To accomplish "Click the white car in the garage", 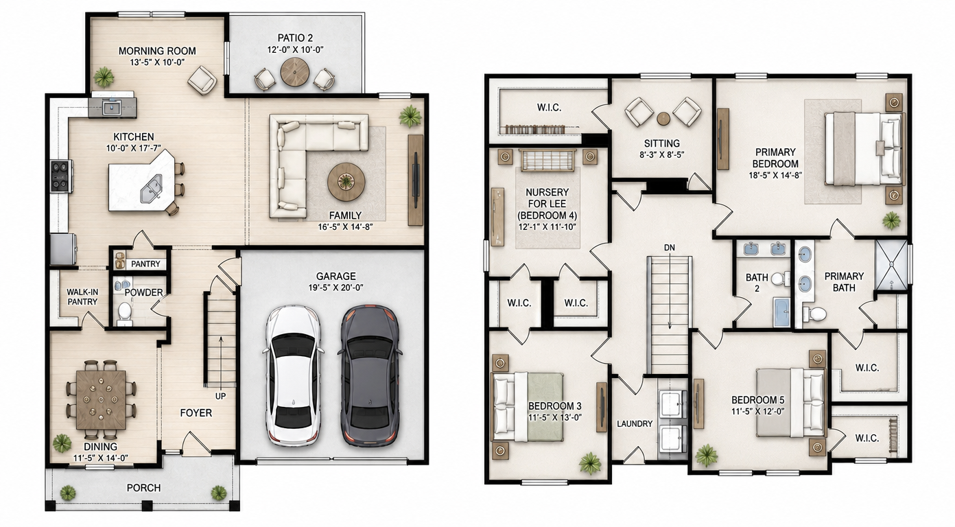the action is [294, 375].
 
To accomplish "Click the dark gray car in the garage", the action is [370, 375].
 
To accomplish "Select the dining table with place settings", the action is [101, 399].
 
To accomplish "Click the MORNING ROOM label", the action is [157, 51].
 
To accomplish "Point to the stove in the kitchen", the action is [60, 176].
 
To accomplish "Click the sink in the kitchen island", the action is [152, 189].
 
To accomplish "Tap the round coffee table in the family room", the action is [346, 182].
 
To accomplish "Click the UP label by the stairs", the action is [220, 396].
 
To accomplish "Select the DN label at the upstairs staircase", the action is [670, 248].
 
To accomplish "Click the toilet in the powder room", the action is [125, 312].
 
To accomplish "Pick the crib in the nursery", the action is [547, 160].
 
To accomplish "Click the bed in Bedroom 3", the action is [528, 407].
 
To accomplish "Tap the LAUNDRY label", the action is [635, 424].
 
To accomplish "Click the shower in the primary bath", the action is [891, 265].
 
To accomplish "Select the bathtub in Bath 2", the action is [781, 312].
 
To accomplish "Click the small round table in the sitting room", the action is [663, 119].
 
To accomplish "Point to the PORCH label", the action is [143, 488].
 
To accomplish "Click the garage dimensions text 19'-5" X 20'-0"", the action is [336, 288].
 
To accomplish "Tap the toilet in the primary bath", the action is [814, 314].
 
